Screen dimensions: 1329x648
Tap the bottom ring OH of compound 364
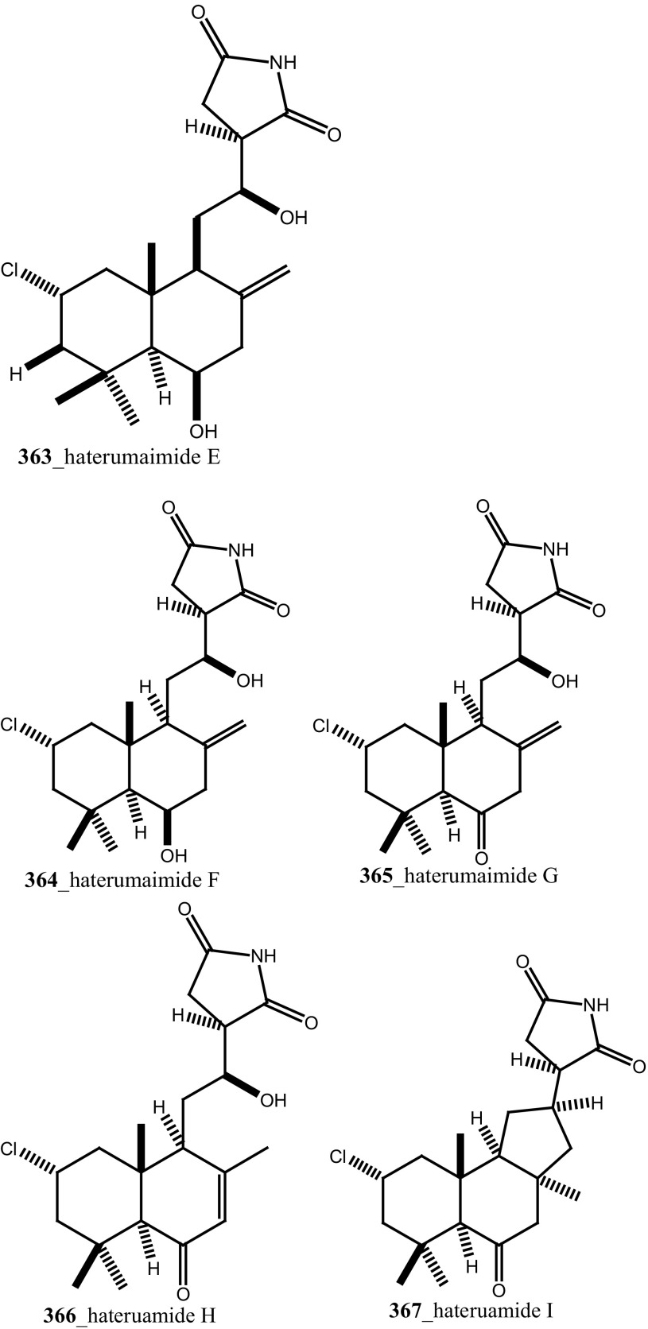pyautogui.click(x=173, y=855)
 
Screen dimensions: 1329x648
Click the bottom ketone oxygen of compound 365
pyautogui.click(x=480, y=858)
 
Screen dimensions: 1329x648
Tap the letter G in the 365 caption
pyautogui.click(x=550, y=876)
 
